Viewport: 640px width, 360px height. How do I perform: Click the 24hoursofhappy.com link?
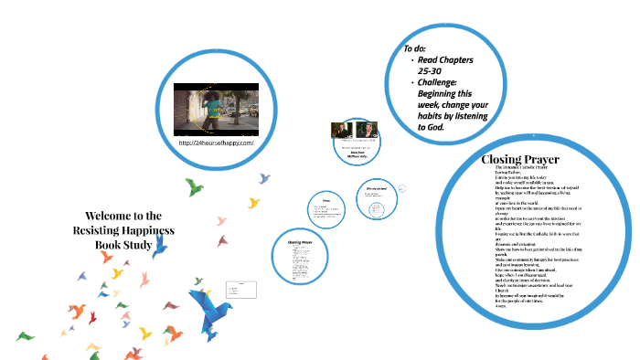tap(216, 143)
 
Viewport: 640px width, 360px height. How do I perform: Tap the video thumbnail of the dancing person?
tap(216, 107)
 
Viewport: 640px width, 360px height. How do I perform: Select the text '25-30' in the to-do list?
tap(432, 71)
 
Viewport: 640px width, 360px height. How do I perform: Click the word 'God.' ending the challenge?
tap(435, 127)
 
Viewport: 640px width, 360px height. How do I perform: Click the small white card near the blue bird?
tap(245, 291)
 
